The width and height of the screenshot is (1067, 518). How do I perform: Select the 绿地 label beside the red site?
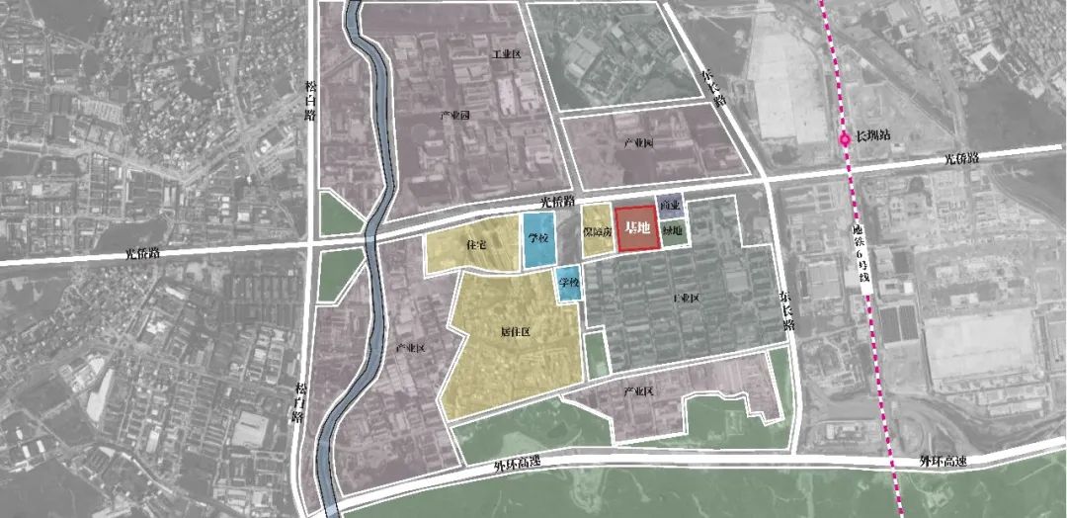pyautogui.click(x=672, y=232)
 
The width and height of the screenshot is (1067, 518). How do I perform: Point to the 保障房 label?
pyautogui.click(x=596, y=232)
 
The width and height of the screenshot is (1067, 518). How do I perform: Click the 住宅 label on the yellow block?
pyautogui.click(x=475, y=244)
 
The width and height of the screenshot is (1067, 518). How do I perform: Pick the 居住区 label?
pyautogui.click(x=516, y=332)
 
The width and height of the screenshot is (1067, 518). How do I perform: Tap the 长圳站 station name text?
pyautogui.click(x=873, y=135)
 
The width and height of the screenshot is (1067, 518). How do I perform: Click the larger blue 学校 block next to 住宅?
pyautogui.click(x=537, y=240)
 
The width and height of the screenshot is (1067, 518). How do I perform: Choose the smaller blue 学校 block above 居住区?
pyautogui.click(x=567, y=285)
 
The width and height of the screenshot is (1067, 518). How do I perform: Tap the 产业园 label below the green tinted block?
pyautogui.click(x=638, y=143)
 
